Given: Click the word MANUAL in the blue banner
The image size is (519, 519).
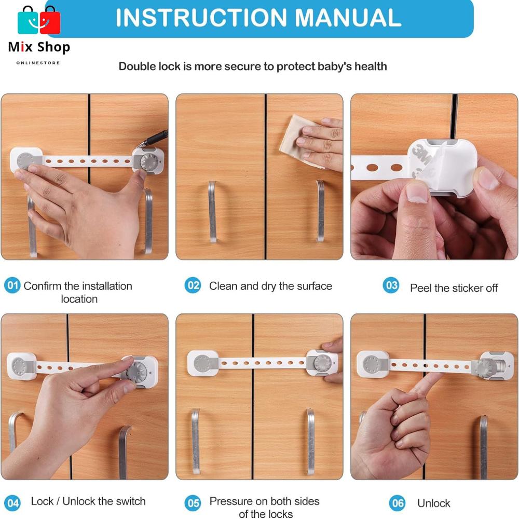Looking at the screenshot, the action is [348, 18].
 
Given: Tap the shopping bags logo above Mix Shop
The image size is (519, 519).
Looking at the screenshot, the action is [39, 21].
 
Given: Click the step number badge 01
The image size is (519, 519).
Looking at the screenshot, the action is [12, 285].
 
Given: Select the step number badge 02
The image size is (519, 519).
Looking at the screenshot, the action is [193, 285].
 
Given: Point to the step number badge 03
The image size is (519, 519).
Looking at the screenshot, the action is [391, 285].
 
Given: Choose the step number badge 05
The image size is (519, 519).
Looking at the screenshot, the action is [193, 503].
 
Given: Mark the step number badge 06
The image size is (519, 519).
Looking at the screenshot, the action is [397, 503].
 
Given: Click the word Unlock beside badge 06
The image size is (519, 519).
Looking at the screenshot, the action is [433, 503].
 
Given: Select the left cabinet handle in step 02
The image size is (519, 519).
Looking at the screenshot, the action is [212, 211].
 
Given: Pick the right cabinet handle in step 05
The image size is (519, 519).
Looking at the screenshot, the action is [310, 442].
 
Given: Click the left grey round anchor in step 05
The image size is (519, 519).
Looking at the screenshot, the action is [202, 363].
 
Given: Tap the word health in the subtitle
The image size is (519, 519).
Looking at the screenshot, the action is [371, 66].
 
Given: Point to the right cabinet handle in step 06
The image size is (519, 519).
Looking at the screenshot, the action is [483, 447].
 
